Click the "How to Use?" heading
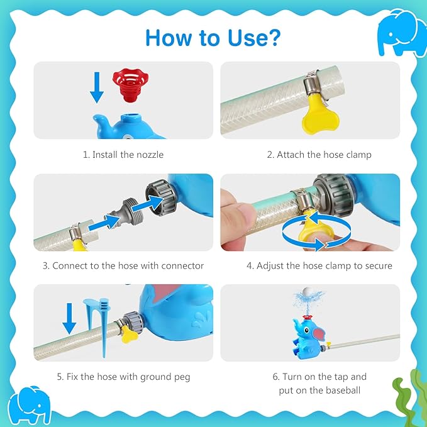213,38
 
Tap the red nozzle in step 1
130,85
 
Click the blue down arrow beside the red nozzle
97,87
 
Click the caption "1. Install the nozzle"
123,155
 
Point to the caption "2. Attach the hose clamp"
319,155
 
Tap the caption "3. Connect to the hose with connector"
123,265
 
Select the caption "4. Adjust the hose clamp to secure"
319,266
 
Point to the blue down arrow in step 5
69,319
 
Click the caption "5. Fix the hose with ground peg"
123,377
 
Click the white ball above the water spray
308,292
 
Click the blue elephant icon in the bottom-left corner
30,404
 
